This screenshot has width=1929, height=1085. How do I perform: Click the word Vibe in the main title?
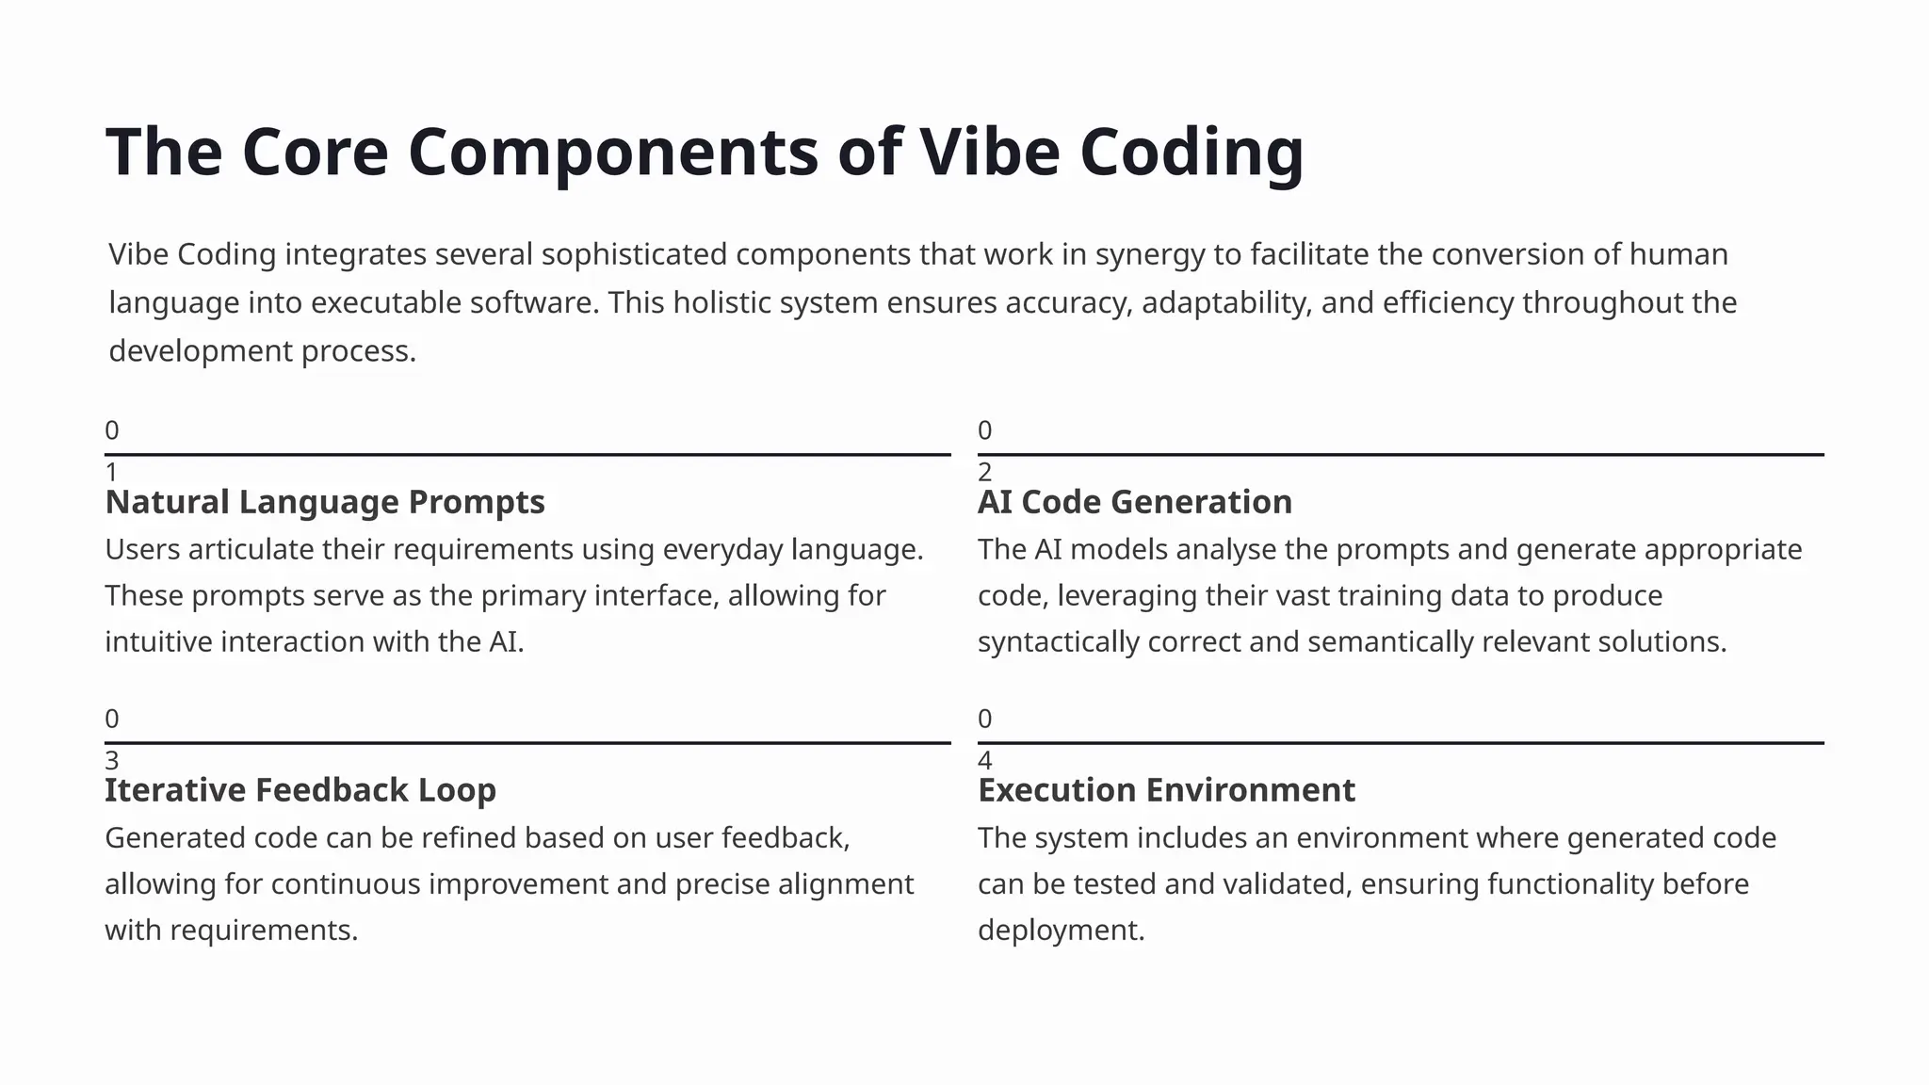pyautogui.click(x=989, y=152)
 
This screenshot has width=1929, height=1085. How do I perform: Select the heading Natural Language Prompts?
pyautogui.click(x=325, y=502)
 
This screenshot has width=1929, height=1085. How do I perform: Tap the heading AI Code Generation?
pyautogui.click(x=1134, y=502)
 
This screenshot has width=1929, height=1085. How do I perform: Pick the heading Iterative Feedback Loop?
pyautogui.click(x=300, y=790)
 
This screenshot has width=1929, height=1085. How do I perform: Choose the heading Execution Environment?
pyautogui.click(x=1166, y=790)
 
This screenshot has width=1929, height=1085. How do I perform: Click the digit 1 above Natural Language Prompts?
pyautogui.click(x=111, y=472)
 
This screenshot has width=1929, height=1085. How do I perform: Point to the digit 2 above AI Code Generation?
pyautogui.click(x=984, y=472)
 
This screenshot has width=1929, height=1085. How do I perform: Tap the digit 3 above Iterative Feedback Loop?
pyautogui.click(x=111, y=760)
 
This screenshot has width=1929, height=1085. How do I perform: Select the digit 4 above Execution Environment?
pyautogui.click(x=984, y=760)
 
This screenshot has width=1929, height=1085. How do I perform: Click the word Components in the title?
pyautogui.click(x=613, y=152)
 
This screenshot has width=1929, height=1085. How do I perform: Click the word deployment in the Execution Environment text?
pyautogui.click(x=1061, y=931)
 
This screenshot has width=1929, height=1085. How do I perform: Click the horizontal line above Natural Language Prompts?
pyautogui.click(x=527, y=454)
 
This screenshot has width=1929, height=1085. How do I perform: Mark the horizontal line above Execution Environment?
pyautogui.click(x=1401, y=742)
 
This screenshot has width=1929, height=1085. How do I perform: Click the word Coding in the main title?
pyautogui.click(x=1191, y=152)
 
